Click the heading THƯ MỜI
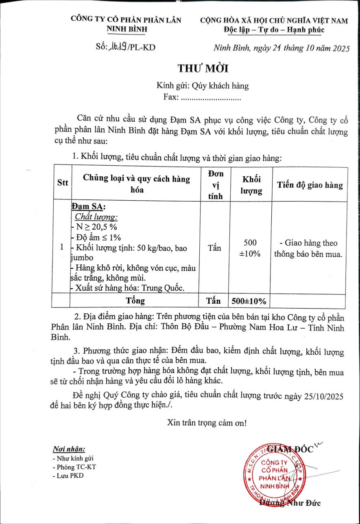(x=203, y=68)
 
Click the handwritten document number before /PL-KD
(x=118, y=47)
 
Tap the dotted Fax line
(x=210, y=98)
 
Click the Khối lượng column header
(x=251, y=185)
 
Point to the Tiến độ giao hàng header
(x=310, y=185)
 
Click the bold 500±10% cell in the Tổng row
(x=249, y=301)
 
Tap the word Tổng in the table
(x=135, y=301)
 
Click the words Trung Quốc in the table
(x=164, y=288)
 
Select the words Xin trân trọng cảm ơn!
(x=207, y=423)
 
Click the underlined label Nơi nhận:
(x=69, y=449)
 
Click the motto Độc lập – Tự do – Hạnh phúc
(x=274, y=30)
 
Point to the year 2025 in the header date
(x=341, y=49)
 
